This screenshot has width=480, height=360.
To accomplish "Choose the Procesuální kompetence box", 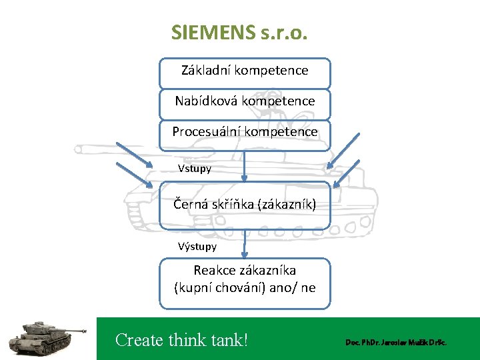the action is (245, 132).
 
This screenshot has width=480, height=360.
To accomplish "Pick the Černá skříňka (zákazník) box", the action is (245, 204).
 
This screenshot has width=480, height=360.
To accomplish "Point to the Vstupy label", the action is (195, 169).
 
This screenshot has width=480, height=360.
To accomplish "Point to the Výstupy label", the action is (197, 247).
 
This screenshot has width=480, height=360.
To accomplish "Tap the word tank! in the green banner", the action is (226, 340).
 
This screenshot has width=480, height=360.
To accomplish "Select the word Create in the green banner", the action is (139, 340).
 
